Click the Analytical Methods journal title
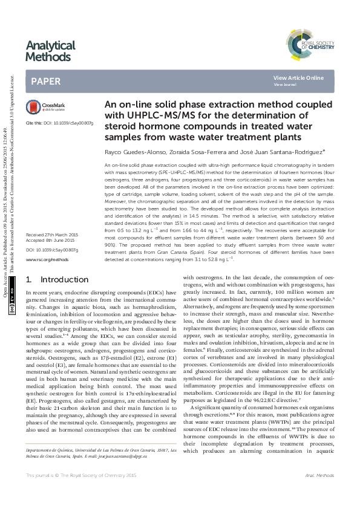pyautogui.click(x=51, y=51)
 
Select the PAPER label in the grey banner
pyautogui.click(x=45, y=81)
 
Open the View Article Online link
pyautogui.click(x=298, y=78)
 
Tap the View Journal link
pyautogui.click(x=285, y=85)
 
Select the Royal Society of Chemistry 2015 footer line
pyautogui.click(x=82, y=494)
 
